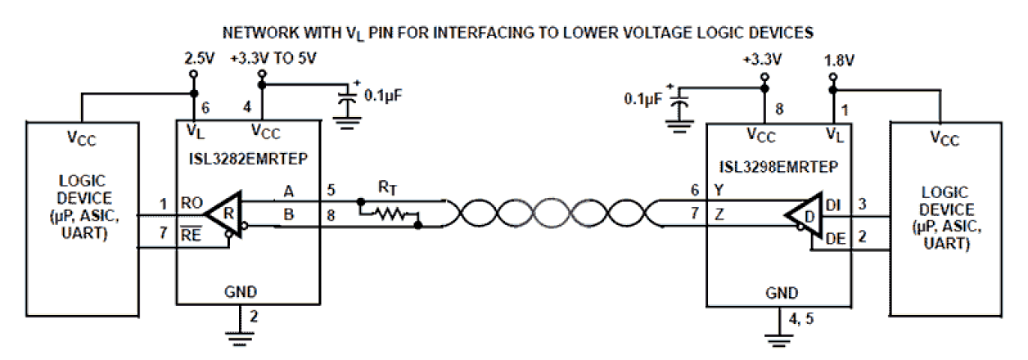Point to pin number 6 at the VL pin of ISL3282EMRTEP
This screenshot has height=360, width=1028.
click(207, 106)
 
